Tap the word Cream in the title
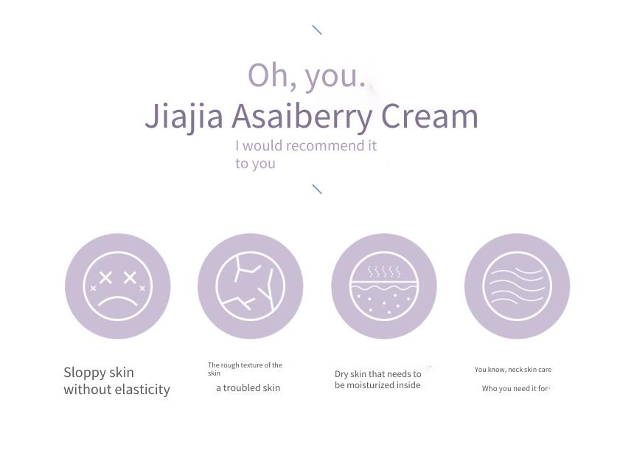click(x=430, y=116)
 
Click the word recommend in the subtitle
click(x=319, y=145)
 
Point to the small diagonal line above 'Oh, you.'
click(x=317, y=30)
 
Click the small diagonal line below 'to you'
click(x=317, y=189)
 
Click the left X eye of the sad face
click(x=105, y=277)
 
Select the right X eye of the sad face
click(x=130, y=277)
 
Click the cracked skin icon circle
click(x=251, y=286)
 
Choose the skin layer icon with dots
click(x=383, y=286)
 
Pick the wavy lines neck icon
click(x=517, y=286)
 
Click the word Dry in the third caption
click(x=341, y=374)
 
